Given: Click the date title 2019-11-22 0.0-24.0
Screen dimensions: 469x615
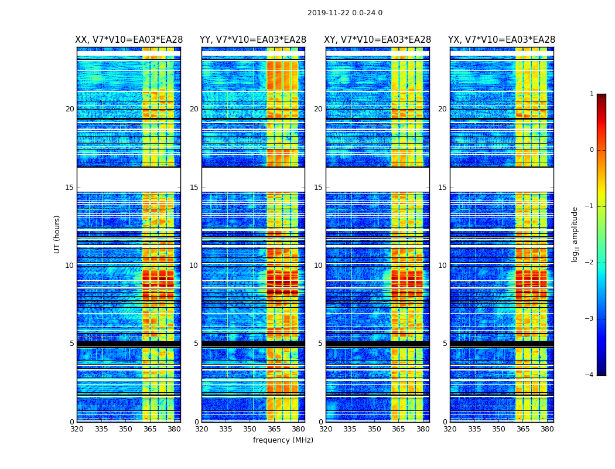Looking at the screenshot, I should point(344,13).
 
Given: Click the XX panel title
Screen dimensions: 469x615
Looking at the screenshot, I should point(129,40).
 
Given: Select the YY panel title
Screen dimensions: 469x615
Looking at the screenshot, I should point(253,40).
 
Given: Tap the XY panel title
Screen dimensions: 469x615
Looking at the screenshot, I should point(378,40).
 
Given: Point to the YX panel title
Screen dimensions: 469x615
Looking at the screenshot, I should point(502,40).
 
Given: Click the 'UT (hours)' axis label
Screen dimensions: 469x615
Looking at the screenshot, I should point(57,234).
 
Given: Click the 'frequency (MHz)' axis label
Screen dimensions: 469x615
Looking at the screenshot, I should point(283,440).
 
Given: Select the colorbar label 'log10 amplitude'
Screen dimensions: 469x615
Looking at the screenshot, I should point(575,234).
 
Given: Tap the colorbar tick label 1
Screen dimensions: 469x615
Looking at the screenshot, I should point(592,94).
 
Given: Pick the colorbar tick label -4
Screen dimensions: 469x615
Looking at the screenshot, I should point(590,375).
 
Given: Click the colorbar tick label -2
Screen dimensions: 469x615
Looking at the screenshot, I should point(590,263).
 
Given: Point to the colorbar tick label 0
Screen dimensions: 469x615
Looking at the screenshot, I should point(592,150).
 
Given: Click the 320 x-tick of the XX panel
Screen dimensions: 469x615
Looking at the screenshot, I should point(77,429).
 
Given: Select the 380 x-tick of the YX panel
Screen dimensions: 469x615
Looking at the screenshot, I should point(547,429).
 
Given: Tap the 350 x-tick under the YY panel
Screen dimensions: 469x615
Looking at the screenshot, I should point(250,429).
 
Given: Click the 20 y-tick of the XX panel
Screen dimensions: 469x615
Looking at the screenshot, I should point(70,109).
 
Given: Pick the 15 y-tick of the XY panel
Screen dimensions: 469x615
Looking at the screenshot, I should point(318,188).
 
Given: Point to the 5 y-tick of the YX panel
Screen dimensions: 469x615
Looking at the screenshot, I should point(445,344).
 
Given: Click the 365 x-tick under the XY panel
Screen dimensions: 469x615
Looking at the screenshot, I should point(398,429).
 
